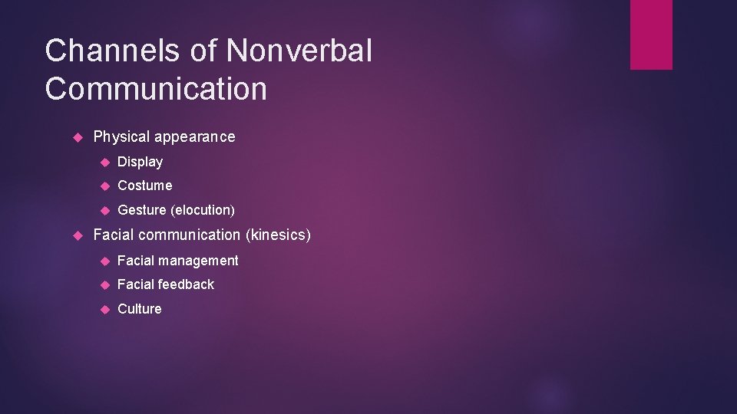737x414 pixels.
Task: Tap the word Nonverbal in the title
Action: coord(299,52)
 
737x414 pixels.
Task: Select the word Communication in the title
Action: coord(156,89)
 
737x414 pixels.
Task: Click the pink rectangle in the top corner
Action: coord(651,34)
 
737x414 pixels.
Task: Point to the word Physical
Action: coord(121,137)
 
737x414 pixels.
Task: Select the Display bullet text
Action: coord(140,162)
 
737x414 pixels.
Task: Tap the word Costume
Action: coord(145,186)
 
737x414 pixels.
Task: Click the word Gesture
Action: coord(142,210)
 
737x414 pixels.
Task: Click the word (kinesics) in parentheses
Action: coord(278,235)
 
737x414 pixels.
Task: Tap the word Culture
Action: coord(140,309)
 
